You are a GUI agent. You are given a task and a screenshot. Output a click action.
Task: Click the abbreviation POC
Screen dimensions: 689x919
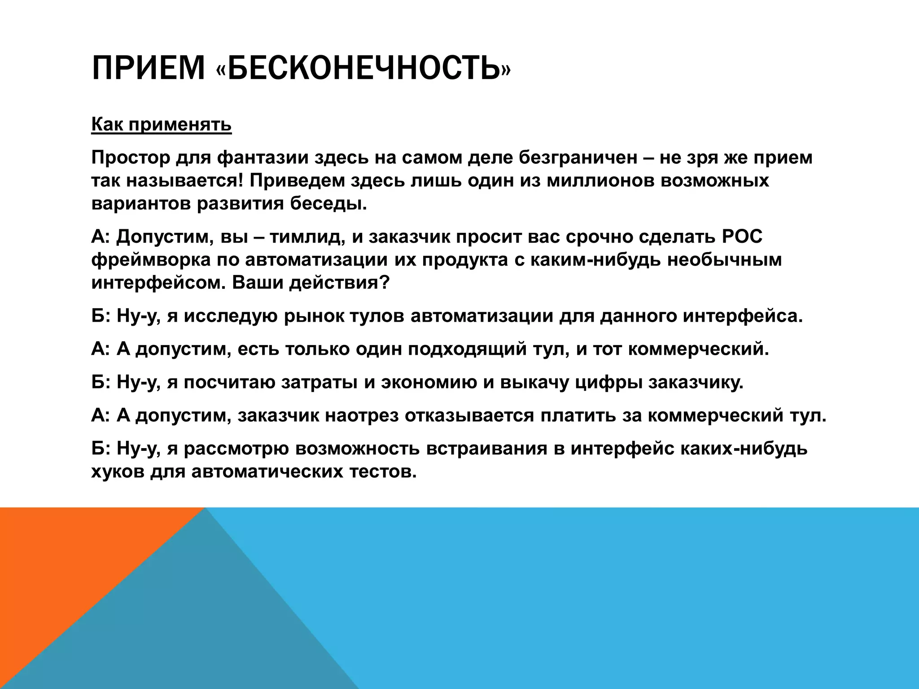point(742,237)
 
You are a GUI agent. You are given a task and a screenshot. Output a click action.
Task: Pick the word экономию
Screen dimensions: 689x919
point(429,383)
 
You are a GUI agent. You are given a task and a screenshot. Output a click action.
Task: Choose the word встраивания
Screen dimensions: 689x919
point(487,449)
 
